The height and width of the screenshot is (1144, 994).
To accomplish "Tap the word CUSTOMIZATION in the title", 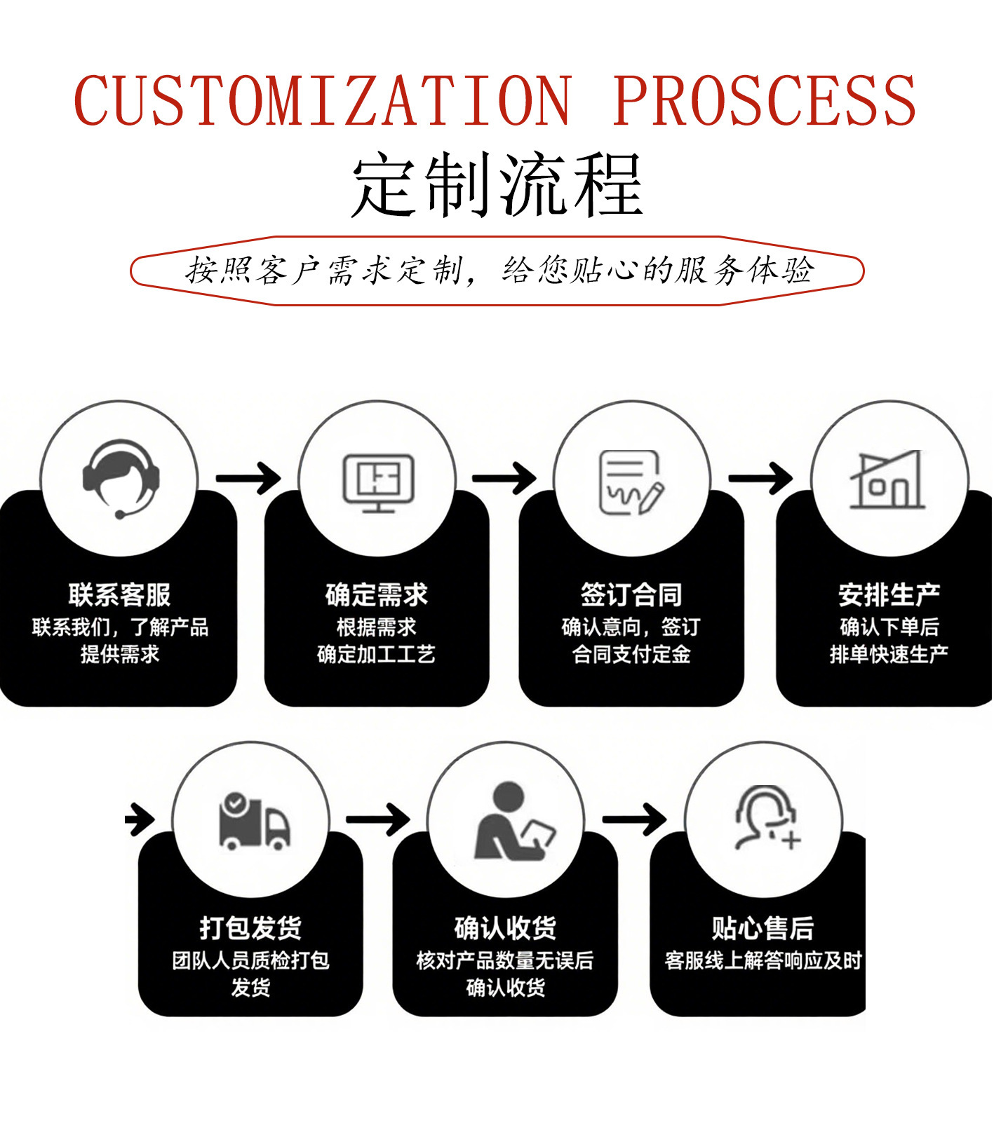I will click(x=323, y=100).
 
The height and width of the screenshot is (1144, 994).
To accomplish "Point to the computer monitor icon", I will click(x=378, y=482).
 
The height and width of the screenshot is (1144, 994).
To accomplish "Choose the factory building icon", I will click(x=888, y=480).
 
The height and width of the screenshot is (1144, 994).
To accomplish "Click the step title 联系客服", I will click(x=120, y=595).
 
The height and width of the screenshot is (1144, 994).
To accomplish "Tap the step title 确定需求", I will click(x=377, y=595).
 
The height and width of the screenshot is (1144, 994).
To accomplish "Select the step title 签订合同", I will click(x=631, y=595).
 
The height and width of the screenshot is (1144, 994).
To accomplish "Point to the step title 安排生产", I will click(x=889, y=595).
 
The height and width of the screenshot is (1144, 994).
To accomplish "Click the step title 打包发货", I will click(x=250, y=928).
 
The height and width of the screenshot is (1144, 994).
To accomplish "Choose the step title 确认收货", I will click(x=505, y=928).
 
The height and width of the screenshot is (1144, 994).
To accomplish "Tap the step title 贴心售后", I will click(x=763, y=928).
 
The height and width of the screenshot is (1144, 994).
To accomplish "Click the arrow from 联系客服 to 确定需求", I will click(x=248, y=479).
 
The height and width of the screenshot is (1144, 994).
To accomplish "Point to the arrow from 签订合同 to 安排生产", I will click(x=761, y=479).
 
